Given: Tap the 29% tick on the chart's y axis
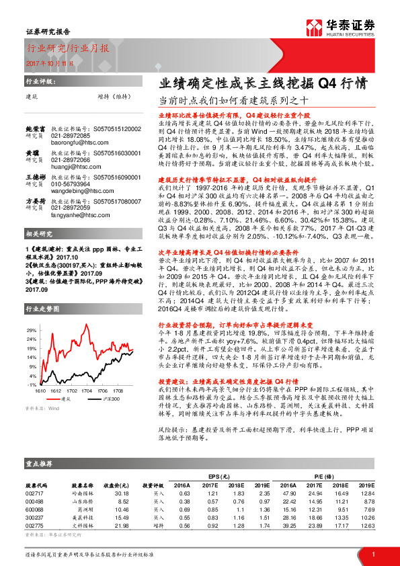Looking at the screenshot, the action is [x=32, y=331].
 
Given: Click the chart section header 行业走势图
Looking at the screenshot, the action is [x=41, y=309].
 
